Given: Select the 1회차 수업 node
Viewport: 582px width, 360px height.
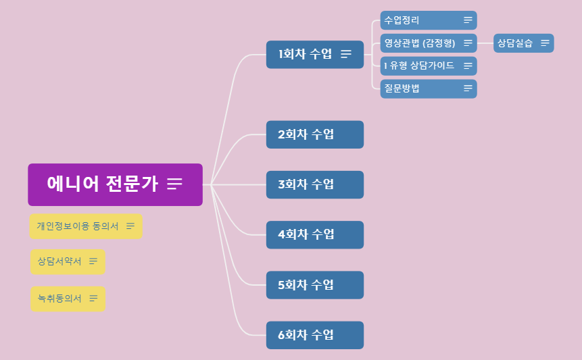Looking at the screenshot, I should point(306,54).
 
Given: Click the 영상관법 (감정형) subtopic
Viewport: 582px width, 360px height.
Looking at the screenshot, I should point(419,43).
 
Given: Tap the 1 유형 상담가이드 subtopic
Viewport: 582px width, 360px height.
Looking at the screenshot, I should point(419,66).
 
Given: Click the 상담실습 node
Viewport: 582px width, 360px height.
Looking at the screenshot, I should point(515,43).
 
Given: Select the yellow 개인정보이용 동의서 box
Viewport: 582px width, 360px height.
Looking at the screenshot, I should point(78,226).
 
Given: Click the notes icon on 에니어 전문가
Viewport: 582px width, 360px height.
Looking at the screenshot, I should point(175,184).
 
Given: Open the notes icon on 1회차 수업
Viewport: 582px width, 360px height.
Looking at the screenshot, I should point(346,54).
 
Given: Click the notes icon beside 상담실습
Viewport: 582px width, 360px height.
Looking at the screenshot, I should point(545,43).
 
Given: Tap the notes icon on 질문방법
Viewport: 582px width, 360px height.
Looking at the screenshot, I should point(468,88).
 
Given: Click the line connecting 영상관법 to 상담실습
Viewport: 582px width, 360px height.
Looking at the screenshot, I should point(485,43).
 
